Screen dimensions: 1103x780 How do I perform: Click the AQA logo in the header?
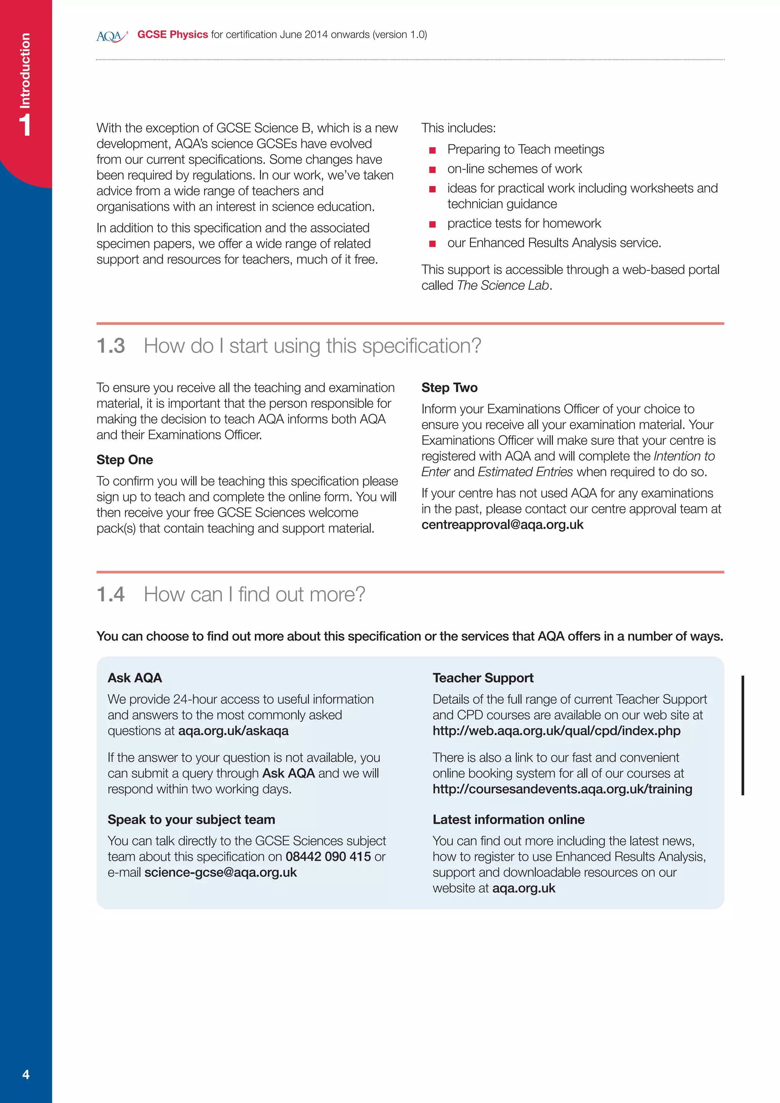(x=112, y=36)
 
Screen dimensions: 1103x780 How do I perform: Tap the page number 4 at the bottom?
(x=26, y=1074)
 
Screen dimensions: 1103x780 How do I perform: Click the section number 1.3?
(x=110, y=346)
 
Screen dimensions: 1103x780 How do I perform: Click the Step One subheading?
(x=125, y=460)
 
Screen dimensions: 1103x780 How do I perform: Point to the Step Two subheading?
(x=449, y=388)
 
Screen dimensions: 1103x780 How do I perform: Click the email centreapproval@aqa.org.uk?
(x=502, y=524)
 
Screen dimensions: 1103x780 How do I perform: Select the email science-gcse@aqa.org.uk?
(x=221, y=873)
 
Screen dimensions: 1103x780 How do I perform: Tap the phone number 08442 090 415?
(x=328, y=857)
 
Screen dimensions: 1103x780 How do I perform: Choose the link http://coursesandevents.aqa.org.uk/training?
(x=562, y=789)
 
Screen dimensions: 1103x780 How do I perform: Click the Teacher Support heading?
(x=483, y=678)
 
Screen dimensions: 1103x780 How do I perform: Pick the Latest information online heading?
(x=508, y=820)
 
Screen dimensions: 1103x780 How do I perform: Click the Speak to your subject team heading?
(x=191, y=820)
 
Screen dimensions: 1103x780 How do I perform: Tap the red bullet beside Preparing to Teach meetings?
(x=432, y=150)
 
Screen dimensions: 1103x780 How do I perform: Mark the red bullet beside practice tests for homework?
(x=432, y=224)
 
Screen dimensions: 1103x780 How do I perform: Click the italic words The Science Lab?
(x=502, y=285)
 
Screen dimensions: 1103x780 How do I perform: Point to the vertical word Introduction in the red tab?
(x=25, y=70)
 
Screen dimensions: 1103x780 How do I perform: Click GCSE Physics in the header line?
(x=173, y=35)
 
